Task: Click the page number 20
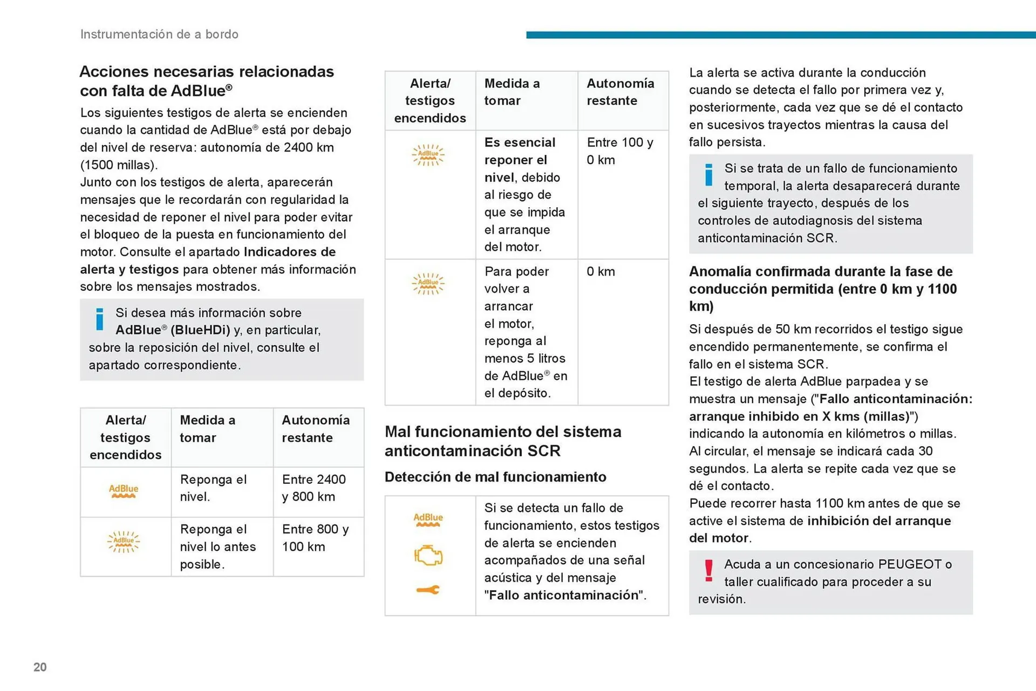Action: click(40, 667)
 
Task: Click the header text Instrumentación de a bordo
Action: click(159, 34)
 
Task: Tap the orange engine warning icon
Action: click(428, 555)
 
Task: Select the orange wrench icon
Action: click(428, 590)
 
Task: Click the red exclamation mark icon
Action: click(708, 571)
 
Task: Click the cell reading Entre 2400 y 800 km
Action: click(314, 488)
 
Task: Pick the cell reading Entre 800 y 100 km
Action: click(315, 538)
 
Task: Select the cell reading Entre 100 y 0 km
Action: click(620, 151)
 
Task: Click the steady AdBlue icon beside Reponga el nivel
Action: click(124, 491)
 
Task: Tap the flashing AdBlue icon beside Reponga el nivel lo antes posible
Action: click(124, 541)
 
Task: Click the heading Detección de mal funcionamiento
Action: click(495, 477)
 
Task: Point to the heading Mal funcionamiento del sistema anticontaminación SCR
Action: click(502, 441)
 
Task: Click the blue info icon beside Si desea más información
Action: click(99, 319)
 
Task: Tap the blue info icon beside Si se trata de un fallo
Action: click(708, 175)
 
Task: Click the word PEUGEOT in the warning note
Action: click(909, 564)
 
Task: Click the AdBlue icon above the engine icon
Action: click(428, 519)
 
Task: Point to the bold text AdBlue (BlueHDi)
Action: click(173, 330)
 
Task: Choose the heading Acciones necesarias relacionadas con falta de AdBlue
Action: click(207, 81)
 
